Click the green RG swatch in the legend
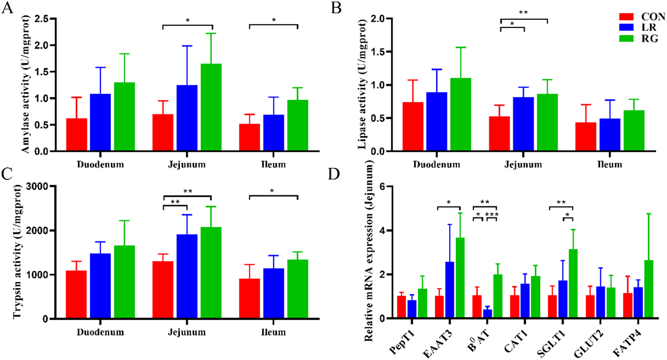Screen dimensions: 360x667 [626, 39]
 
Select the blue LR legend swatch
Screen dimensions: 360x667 [626, 27]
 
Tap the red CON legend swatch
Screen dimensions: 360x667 [626, 17]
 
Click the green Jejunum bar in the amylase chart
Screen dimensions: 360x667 [211, 107]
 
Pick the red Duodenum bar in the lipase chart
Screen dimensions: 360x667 [413, 126]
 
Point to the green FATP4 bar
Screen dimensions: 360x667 [649, 289]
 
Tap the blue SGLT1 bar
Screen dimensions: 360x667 [563, 299]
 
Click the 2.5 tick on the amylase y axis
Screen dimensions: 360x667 [41, 19]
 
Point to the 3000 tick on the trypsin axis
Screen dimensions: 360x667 [37, 186]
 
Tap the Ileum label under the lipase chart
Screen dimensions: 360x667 [609, 164]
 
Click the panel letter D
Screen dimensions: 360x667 [334, 174]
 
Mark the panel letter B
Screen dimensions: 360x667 [336, 7]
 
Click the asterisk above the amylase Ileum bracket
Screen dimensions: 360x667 [273, 20]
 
